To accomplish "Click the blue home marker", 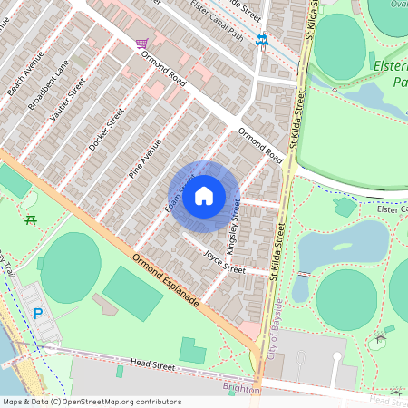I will pyautogui.click(x=204, y=196).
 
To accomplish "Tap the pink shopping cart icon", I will pyautogui.click(x=141, y=43).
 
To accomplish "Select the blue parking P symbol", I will pyautogui.click(x=38, y=315).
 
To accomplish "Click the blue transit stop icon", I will pyautogui.click(x=263, y=40).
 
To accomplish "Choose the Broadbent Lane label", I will pyautogui.click(x=48, y=85).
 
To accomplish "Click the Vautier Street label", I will pyautogui.click(x=69, y=100).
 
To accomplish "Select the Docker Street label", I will pyautogui.click(x=106, y=129).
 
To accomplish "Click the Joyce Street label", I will pyautogui.click(x=224, y=260).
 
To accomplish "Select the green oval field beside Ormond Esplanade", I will pyautogui.click(x=70, y=267).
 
